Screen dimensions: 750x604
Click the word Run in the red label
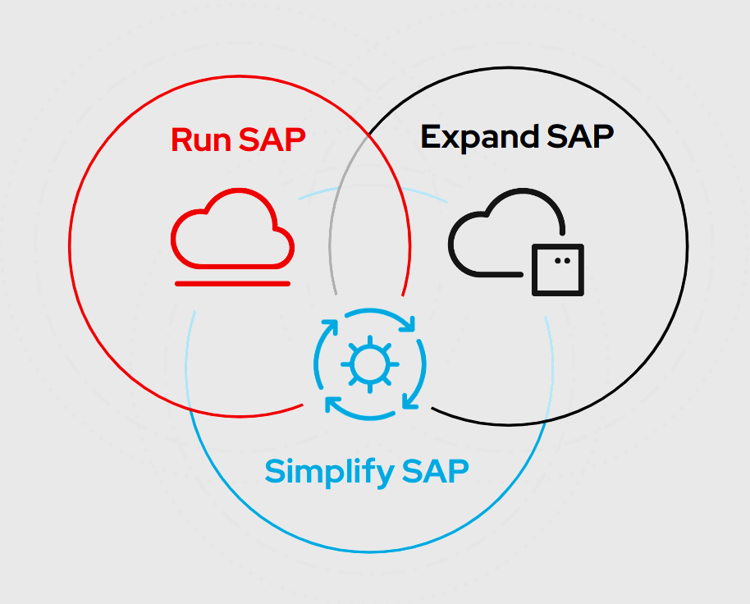(x=201, y=140)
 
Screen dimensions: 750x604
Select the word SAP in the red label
(x=272, y=140)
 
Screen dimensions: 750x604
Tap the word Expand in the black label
(x=480, y=139)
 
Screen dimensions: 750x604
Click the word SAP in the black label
(x=579, y=136)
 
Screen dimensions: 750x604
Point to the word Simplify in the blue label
(x=330, y=473)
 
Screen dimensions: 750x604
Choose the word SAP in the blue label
(x=435, y=471)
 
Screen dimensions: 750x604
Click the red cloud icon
(x=232, y=228)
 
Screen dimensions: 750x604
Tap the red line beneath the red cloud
(x=232, y=284)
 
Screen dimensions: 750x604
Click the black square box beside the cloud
(x=558, y=270)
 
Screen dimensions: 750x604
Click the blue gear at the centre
(x=370, y=364)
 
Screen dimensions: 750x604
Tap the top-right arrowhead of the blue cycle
(x=407, y=324)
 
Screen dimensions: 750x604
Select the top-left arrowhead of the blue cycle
(x=330, y=327)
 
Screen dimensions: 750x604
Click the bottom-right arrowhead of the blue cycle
(x=410, y=400)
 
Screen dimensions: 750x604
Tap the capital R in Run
(x=182, y=140)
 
